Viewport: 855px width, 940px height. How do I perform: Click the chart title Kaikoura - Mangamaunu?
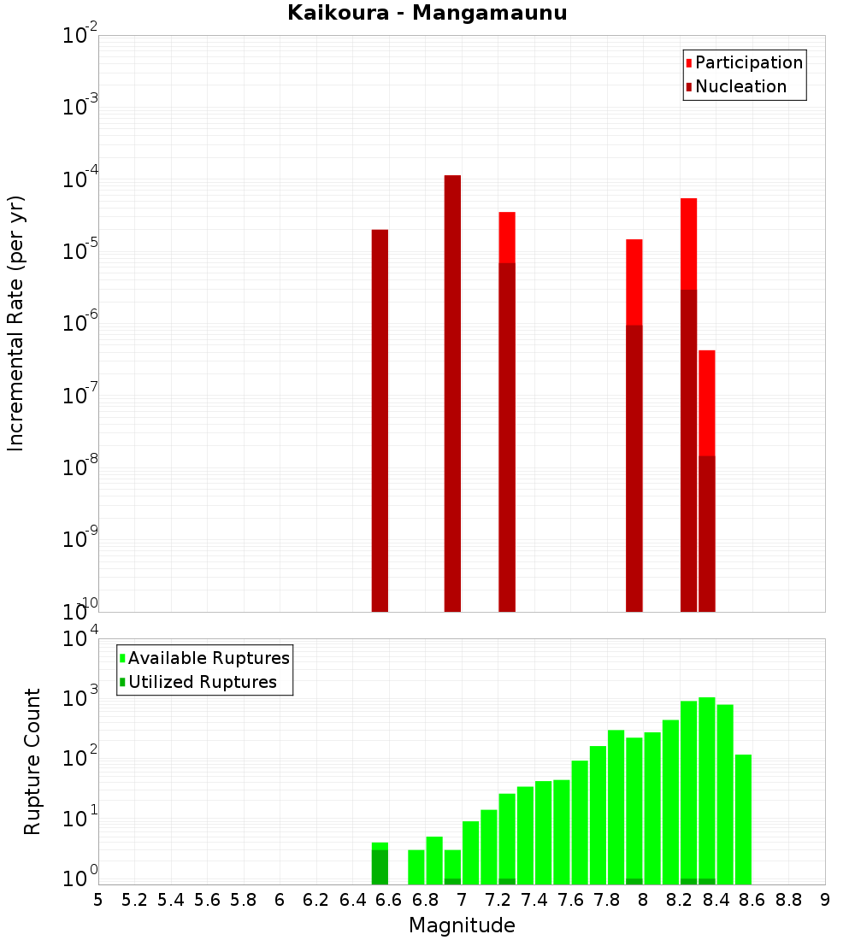click(x=427, y=13)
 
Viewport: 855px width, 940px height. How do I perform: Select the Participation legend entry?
click(x=748, y=62)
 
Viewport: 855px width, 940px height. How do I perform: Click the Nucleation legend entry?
click(x=740, y=86)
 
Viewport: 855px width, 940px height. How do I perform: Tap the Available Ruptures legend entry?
click(x=208, y=658)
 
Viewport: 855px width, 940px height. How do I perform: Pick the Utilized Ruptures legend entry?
click(x=202, y=682)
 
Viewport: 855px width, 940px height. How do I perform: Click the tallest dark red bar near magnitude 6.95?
click(x=452, y=393)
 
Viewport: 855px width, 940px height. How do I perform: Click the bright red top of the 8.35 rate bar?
click(x=706, y=402)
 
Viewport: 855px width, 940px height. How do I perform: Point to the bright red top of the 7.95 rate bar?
click(x=634, y=282)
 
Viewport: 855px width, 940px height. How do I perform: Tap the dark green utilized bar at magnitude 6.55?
click(x=380, y=867)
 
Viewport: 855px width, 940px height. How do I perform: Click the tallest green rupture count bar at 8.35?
click(x=706, y=786)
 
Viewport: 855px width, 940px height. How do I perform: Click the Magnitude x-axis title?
click(x=462, y=925)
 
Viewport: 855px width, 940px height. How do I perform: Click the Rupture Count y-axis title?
click(x=32, y=761)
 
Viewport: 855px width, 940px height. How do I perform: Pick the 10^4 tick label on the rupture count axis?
click(x=82, y=637)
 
